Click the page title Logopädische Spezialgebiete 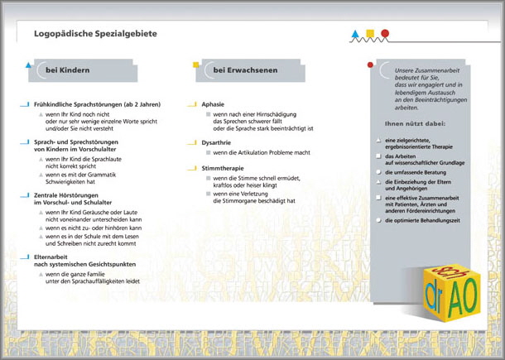95,34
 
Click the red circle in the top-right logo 384,34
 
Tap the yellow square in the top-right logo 370,34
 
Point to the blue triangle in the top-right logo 356,35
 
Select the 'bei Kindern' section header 67,71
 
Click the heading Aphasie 213,105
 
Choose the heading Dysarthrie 217,142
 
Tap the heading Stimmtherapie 222,168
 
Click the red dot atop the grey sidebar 370,65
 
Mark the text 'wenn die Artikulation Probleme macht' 262,153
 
